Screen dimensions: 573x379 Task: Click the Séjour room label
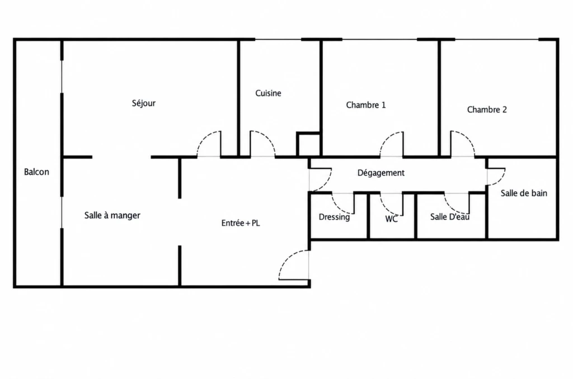pyautogui.click(x=144, y=103)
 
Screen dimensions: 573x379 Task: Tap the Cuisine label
pyautogui.click(x=268, y=93)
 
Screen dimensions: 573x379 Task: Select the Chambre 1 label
pyautogui.click(x=366, y=105)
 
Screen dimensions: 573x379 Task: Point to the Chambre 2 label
pyautogui.click(x=487, y=110)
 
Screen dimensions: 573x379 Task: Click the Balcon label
pyautogui.click(x=36, y=172)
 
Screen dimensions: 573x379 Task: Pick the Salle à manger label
pyautogui.click(x=112, y=215)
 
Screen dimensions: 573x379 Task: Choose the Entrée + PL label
pyautogui.click(x=241, y=222)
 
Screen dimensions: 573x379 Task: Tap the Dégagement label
pyautogui.click(x=381, y=173)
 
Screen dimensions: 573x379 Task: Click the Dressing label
pyautogui.click(x=334, y=217)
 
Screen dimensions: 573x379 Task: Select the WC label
pyautogui.click(x=391, y=219)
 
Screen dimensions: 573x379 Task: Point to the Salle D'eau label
pyautogui.click(x=450, y=217)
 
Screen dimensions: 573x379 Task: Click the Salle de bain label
pyautogui.click(x=524, y=193)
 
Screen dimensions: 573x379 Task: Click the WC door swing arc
pyautogui.click(x=386, y=208)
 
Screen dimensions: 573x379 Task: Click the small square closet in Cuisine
pyautogui.click(x=309, y=145)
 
